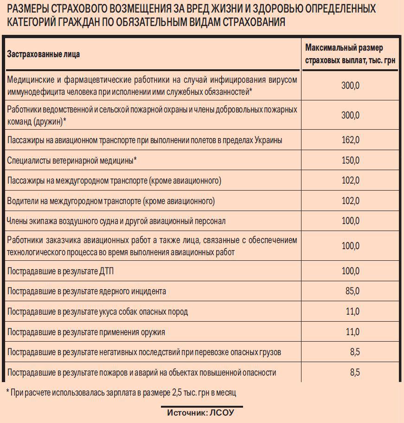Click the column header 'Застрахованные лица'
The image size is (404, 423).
coord(43,54)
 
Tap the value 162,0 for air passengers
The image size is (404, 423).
coord(350,140)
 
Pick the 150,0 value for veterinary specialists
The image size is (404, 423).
coord(350,160)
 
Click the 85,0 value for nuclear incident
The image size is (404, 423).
coord(352,291)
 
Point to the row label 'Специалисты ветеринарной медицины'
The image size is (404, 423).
coord(72,161)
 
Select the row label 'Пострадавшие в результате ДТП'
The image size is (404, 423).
coord(60,271)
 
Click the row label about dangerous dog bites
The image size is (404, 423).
coord(97,312)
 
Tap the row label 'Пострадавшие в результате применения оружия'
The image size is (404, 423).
coord(86,332)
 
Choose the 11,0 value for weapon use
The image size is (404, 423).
coord(352,332)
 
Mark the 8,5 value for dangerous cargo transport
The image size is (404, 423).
coord(355,352)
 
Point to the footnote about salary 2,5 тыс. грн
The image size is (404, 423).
coord(121,393)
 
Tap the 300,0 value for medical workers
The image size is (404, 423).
coord(350,85)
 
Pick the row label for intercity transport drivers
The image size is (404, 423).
coord(111,201)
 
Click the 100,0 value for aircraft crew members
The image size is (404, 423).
coord(350,221)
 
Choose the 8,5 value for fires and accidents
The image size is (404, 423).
coord(355,372)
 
